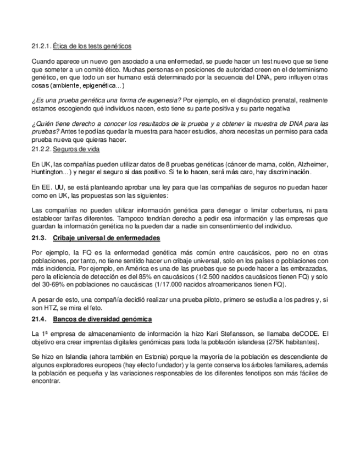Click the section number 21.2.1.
tap(41, 46)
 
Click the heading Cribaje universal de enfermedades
tap(107, 238)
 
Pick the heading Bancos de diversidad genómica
tap(103, 319)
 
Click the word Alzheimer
tap(312, 164)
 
